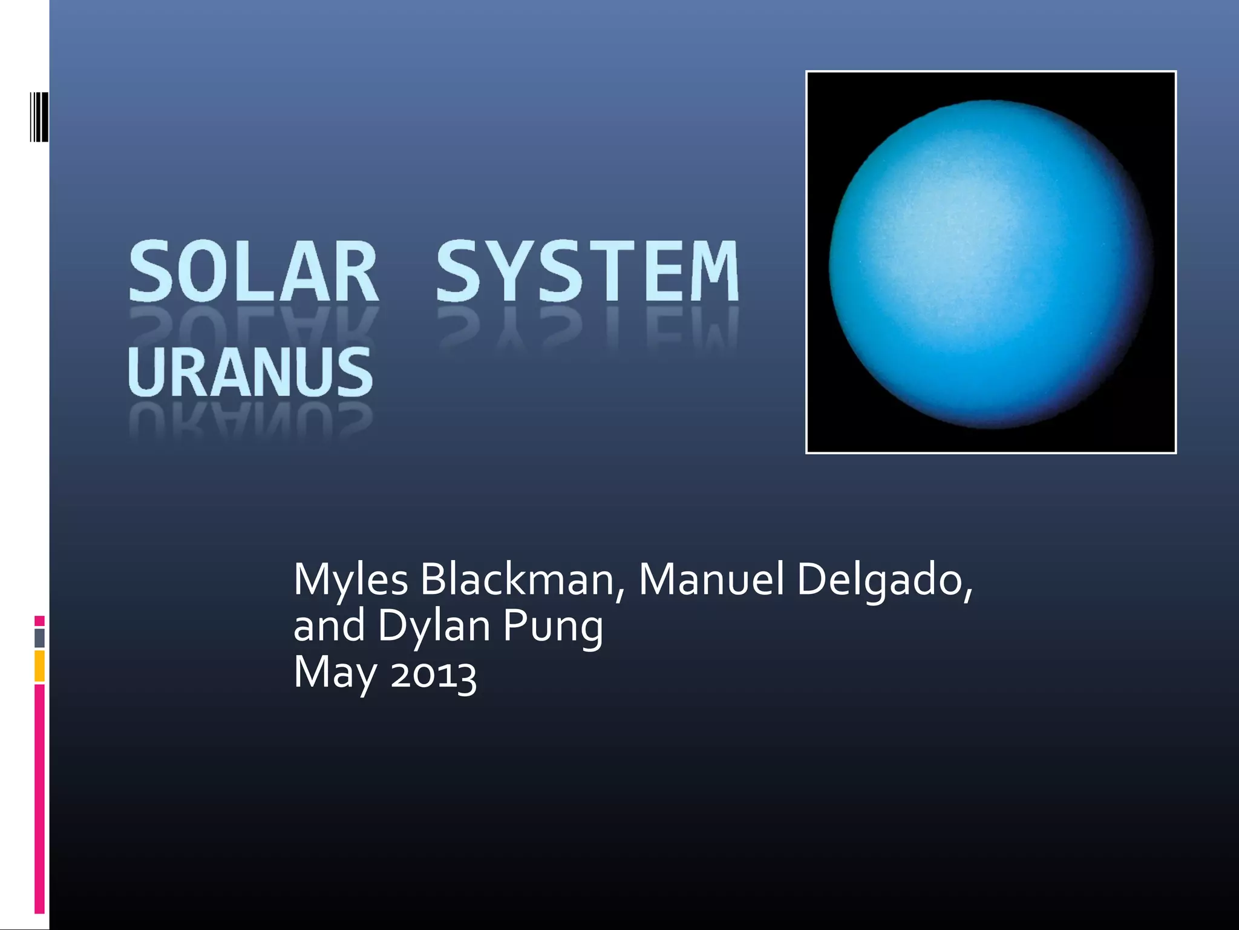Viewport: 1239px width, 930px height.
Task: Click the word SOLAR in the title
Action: pos(253,271)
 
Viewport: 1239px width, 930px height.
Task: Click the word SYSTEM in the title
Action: pos(587,271)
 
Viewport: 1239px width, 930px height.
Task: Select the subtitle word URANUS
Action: pos(250,372)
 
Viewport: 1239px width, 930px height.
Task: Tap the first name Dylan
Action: pos(434,627)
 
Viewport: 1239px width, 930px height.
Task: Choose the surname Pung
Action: pos(553,627)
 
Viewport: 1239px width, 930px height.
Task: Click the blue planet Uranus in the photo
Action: pos(990,264)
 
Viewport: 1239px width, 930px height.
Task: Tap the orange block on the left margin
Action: pos(39,665)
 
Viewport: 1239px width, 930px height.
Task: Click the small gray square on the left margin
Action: pos(39,638)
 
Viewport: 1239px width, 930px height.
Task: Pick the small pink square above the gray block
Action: pos(39,621)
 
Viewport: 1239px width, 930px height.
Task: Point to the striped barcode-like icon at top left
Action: pos(39,116)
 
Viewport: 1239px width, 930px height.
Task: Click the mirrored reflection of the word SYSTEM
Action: pos(587,330)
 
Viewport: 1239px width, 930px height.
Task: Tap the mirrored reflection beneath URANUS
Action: pos(250,421)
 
